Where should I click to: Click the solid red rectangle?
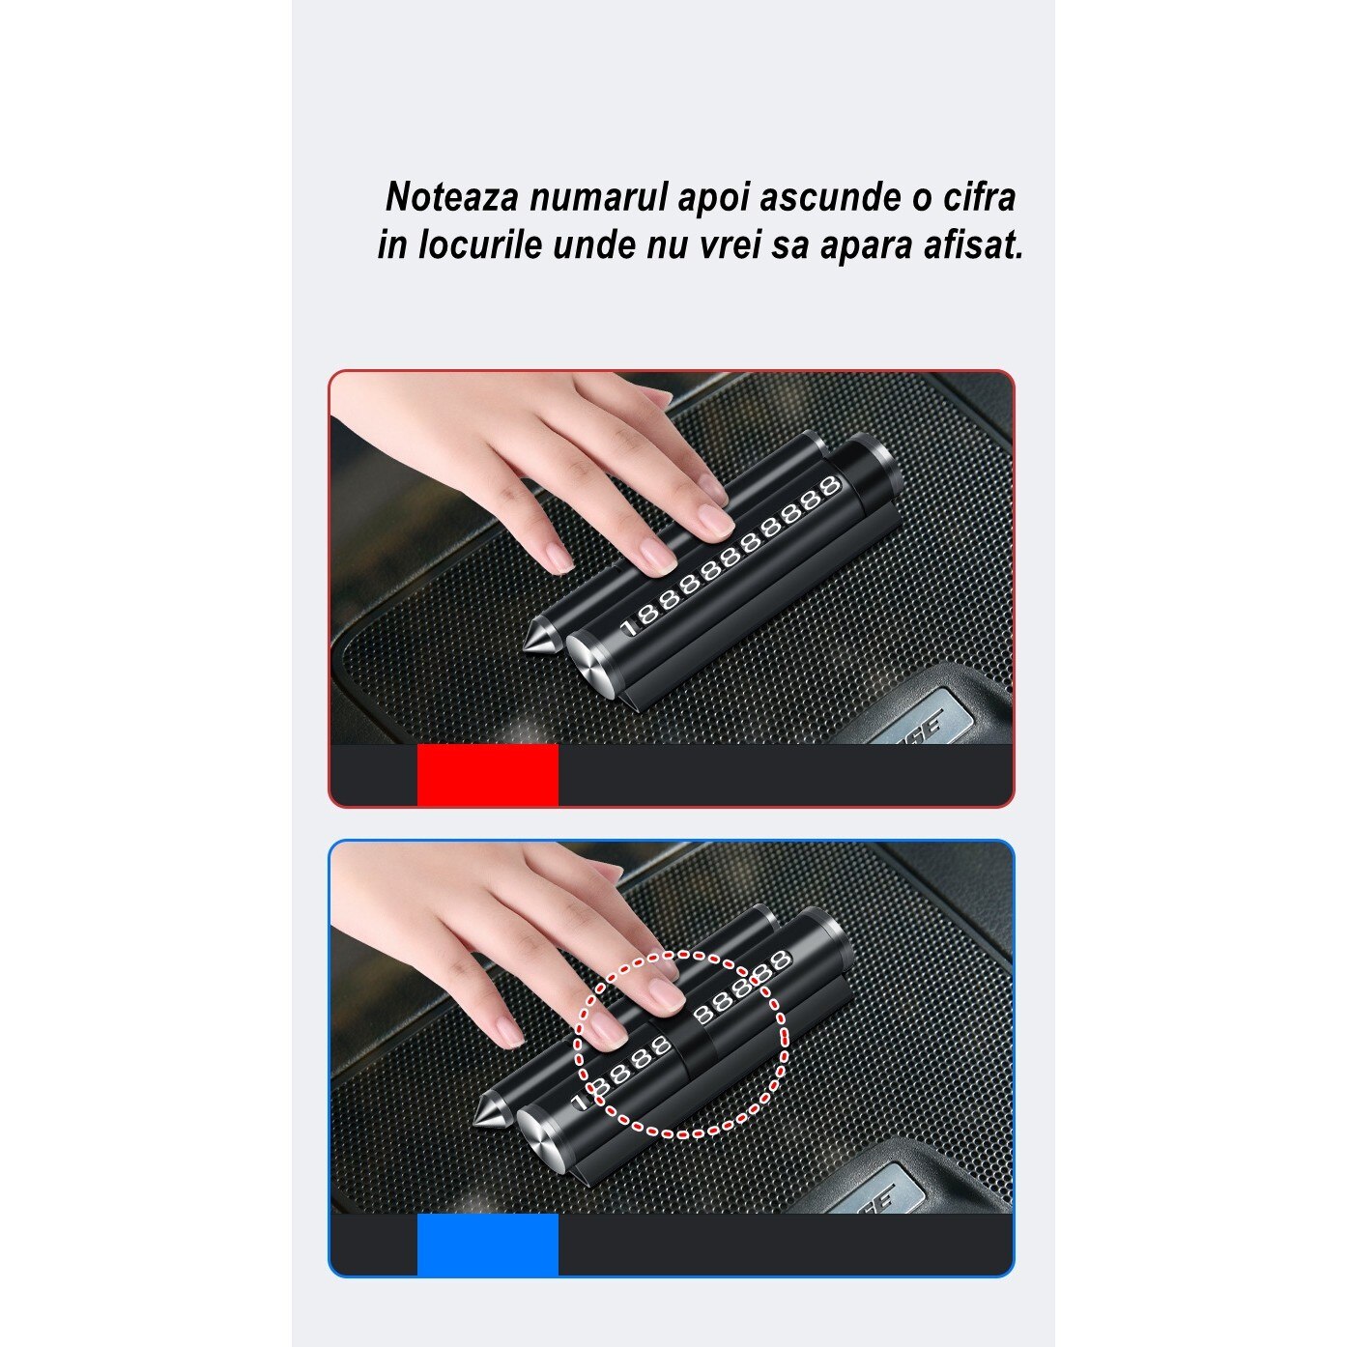tap(487, 774)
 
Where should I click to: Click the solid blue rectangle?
tap(487, 1245)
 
